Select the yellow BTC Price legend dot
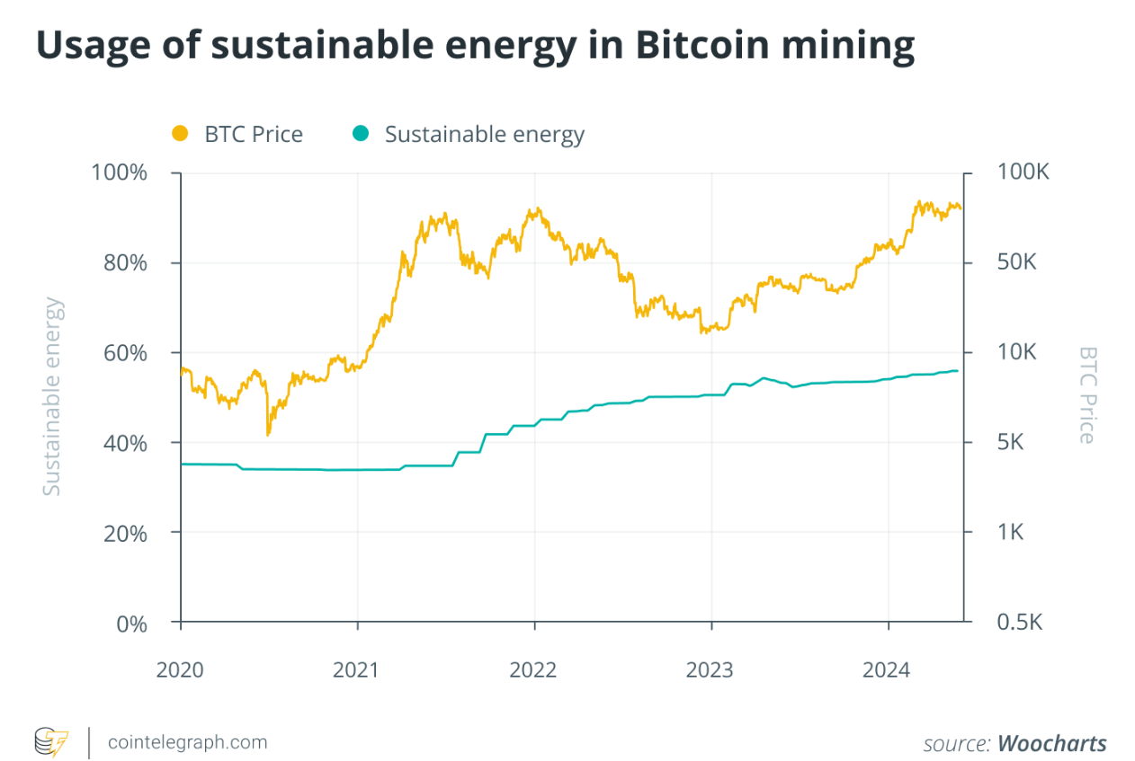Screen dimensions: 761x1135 tap(180, 134)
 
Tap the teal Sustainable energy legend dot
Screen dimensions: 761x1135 tap(361, 134)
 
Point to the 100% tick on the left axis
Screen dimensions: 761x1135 tap(120, 173)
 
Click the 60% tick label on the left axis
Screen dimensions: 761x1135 tap(121, 352)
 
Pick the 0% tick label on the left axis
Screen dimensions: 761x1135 tap(130, 623)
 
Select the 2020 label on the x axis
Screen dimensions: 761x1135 tap(180, 670)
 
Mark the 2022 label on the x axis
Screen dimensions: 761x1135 tap(534, 670)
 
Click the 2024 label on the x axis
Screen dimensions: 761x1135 tap(888, 670)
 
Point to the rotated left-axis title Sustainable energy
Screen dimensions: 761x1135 tap(53, 396)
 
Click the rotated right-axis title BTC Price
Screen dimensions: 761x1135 tap(1087, 395)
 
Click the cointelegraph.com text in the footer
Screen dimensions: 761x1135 tap(187, 743)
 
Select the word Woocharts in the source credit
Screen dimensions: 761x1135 tap(1052, 743)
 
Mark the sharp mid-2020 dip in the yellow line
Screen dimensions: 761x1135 tap(268, 434)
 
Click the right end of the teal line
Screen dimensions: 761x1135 tap(958, 370)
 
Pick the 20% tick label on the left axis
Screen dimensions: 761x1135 tap(121, 532)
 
